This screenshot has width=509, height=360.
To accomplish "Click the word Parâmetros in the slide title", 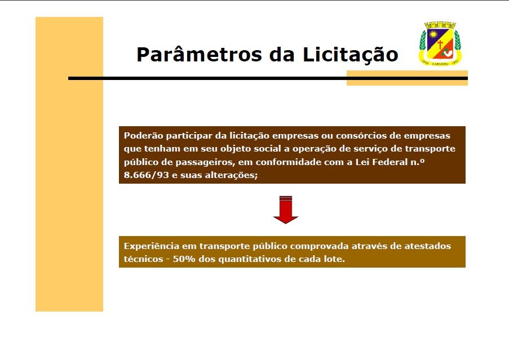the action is (x=199, y=54).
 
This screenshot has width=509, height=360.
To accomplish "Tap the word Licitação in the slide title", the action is (x=350, y=55).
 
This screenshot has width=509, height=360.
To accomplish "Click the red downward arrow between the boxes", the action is (x=286, y=210).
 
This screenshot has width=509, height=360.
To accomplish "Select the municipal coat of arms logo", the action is (x=440, y=44).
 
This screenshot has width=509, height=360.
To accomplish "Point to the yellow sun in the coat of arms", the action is (x=433, y=34).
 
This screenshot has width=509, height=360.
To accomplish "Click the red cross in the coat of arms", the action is (x=440, y=44).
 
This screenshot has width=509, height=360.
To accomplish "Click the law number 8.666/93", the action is (x=147, y=175).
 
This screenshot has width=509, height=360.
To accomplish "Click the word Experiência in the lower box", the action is (x=151, y=246).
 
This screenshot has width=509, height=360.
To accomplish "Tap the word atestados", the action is (x=427, y=246).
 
